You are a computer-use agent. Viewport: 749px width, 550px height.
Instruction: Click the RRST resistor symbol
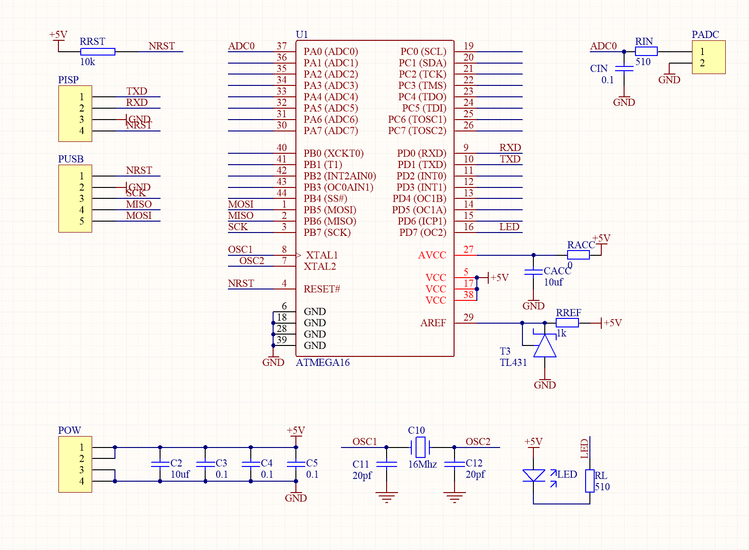coord(97,52)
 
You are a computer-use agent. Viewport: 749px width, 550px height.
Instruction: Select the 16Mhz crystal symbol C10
coord(420,447)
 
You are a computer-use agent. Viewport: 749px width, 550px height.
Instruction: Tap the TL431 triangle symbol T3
coord(545,346)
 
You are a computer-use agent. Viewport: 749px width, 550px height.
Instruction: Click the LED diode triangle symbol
coord(533,475)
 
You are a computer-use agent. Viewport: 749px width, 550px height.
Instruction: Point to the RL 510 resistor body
coord(589,481)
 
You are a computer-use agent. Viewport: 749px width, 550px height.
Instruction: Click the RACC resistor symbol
coord(578,255)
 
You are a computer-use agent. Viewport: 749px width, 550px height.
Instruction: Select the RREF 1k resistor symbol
coord(567,323)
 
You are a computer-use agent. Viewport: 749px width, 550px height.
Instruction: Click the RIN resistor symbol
coord(646,52)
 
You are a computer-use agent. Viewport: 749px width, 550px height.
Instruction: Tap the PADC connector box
coord(708,57)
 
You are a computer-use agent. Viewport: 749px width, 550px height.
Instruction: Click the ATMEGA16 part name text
coord(322,363)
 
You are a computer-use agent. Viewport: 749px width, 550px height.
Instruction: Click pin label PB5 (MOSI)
coord(330,210)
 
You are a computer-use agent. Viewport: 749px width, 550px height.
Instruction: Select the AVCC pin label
coord(432,255)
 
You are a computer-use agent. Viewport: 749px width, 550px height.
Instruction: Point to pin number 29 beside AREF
coord(468,317)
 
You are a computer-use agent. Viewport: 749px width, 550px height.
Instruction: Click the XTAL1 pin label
coord(322,255)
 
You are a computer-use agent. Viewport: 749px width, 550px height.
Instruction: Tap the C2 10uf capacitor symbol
coord(160,464)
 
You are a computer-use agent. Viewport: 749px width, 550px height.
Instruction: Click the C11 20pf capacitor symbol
coord(387,464)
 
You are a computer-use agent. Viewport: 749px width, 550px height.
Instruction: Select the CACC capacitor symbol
coord(533,272)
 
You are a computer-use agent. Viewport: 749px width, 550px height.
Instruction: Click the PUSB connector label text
coord(71,159)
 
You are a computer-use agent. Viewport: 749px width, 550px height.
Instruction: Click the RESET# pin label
coord(322,289)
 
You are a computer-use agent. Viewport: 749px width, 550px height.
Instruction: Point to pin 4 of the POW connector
coord(82,481)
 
